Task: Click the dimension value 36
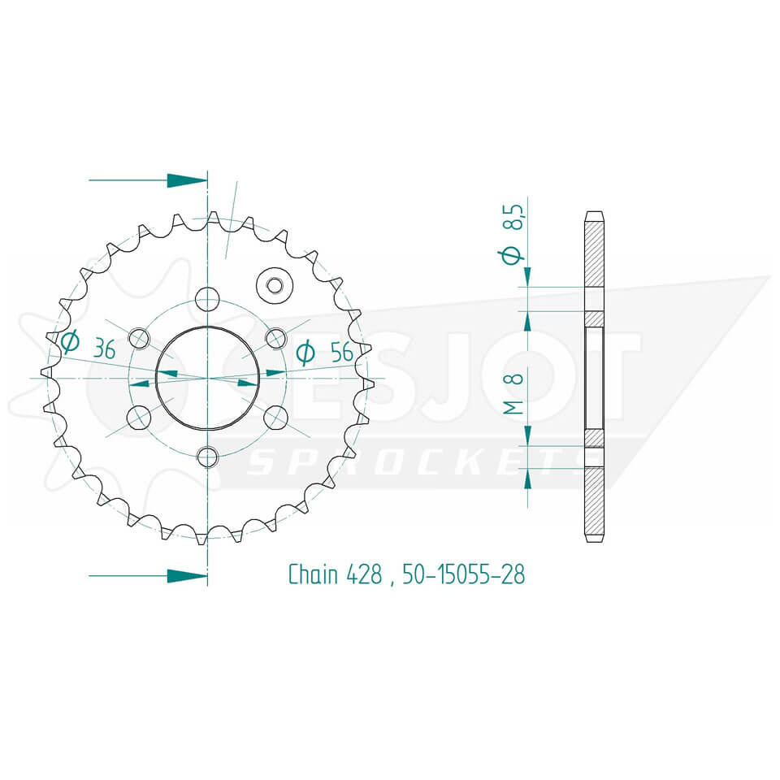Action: (x=103, y=350)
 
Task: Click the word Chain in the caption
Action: (x=312, y=574)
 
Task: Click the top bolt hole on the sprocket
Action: (x=208, y=298)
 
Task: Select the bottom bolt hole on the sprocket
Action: (x=208, y=457)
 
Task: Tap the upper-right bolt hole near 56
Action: (x=276, y=338)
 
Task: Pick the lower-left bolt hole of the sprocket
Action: (x=139, y=417)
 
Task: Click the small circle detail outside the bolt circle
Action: (x=274, y=284)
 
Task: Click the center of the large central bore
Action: (x=208, y=377)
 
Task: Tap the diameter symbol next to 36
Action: (x=70, y=343)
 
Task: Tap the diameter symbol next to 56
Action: (x=305, y=352)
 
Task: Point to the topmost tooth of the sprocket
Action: (x=213, y=218)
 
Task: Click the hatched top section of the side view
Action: (x=594, y=252)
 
